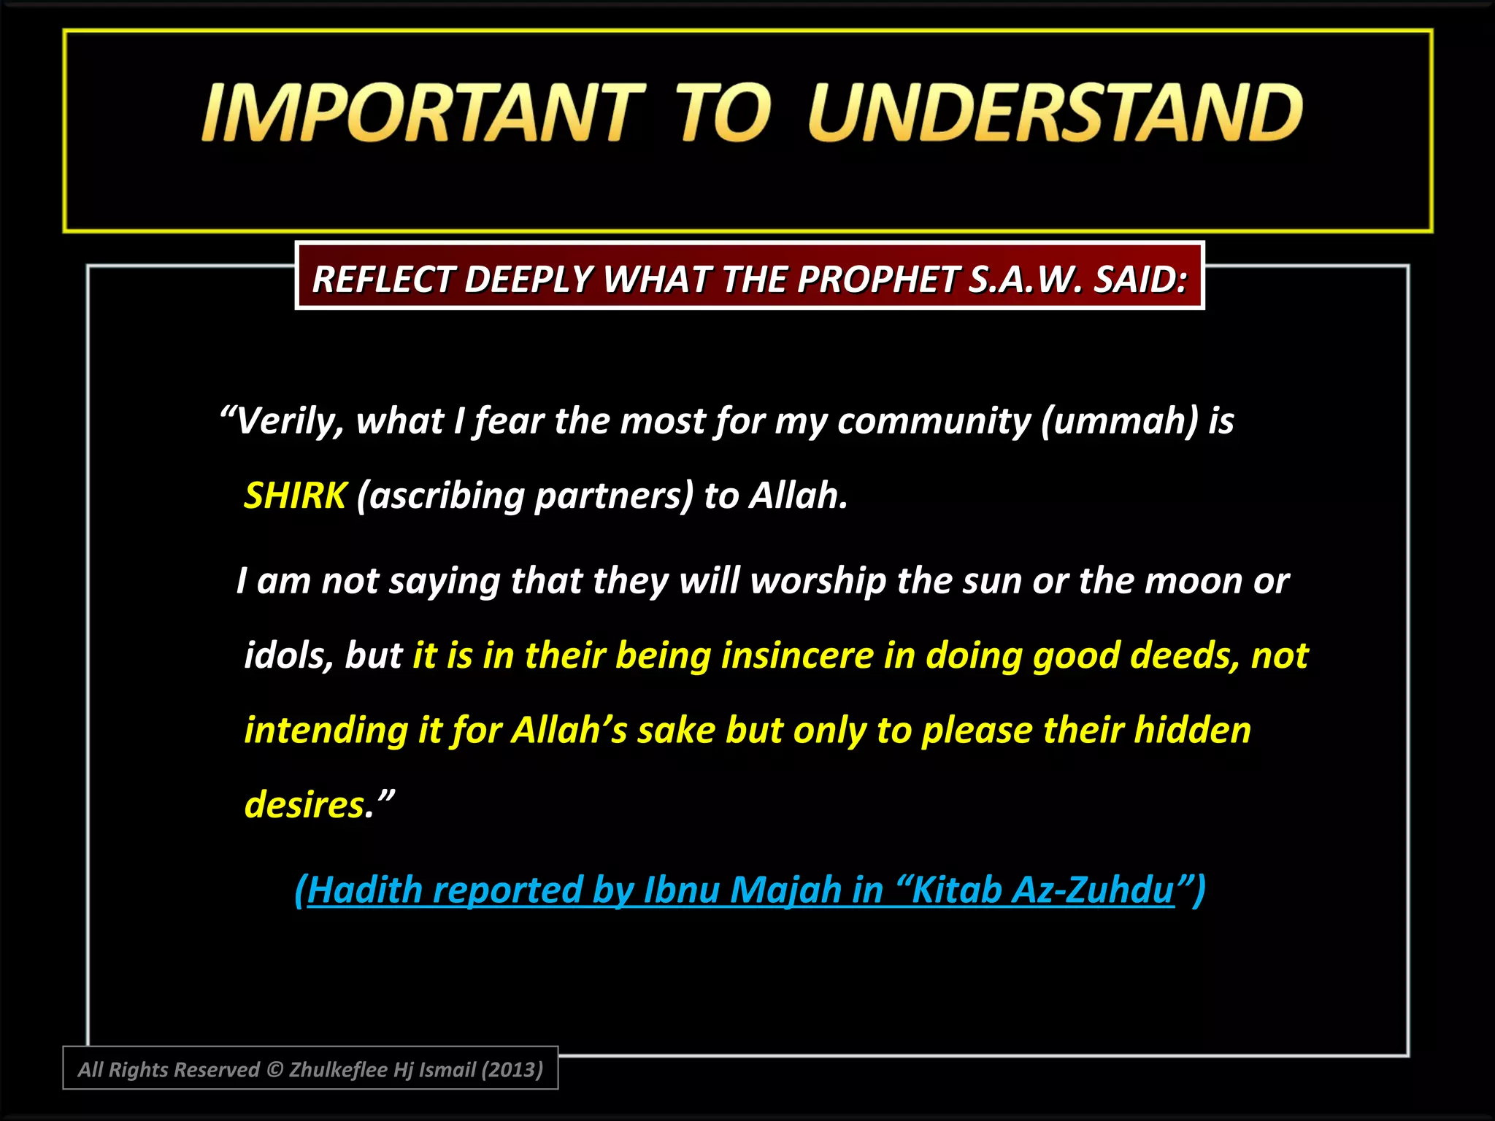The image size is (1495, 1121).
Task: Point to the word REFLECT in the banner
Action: pos(383,279)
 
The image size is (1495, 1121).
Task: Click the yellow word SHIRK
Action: pos(295,496)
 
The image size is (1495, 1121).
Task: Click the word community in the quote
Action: pos(934,421)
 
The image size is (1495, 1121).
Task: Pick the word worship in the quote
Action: pos(818,582)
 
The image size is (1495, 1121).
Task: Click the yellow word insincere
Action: pos(797,655)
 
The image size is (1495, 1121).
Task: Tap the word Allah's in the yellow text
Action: pos(569,730)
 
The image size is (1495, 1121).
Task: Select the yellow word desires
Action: pos(304,804)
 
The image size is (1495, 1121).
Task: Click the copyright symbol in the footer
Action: pos(274,1069)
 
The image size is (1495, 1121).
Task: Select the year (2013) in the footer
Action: pos(512,1069)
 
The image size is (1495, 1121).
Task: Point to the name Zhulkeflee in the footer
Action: pos(338,1069)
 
